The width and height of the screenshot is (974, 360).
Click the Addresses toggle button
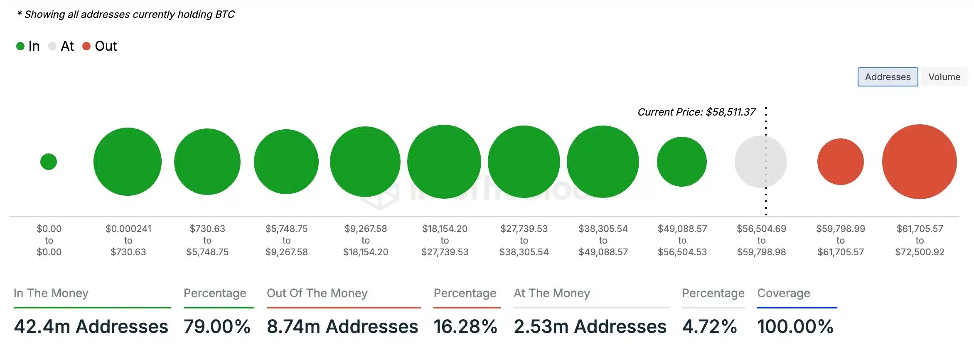[888, 77]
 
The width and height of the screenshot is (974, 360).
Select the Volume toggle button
[944, 77]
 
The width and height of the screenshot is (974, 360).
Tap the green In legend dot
[20, 46]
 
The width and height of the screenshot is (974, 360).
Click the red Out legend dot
[86, 46]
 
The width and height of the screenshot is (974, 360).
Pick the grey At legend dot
[52, 46]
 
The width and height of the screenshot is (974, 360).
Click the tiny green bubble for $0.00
[49, 162]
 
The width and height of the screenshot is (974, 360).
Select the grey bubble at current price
[760, 162]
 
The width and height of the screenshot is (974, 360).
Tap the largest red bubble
[919, 162]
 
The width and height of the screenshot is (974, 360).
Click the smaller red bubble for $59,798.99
[840, 162]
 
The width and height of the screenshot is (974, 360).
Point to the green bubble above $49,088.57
[681, 162]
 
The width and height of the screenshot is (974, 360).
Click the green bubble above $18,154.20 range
[444, 162]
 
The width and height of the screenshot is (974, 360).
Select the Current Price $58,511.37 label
[696, 112]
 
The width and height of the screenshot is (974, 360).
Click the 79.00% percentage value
[217, 326]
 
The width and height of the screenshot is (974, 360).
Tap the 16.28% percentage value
[465, 326]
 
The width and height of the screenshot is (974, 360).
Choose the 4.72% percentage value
[709, 326]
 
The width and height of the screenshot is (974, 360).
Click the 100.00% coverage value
[795, 326]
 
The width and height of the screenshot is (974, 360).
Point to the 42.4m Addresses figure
[91, 326]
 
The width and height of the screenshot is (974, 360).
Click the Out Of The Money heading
[317, 293]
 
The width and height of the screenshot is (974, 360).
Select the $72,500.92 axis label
[920, 252]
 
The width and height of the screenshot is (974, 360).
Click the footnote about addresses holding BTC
[126, 15]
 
